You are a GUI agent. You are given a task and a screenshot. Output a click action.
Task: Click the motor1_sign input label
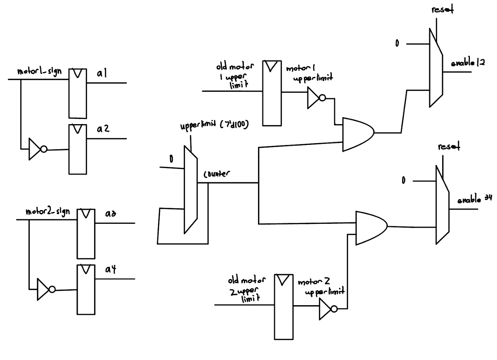pos(39,71)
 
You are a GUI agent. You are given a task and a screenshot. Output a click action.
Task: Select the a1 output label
pos(102,73)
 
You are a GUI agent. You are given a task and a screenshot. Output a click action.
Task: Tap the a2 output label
pos(103,129)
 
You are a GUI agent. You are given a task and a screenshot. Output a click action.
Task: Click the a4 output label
pos(110,269)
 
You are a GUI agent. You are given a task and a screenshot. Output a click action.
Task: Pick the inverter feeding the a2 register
pos(37,149)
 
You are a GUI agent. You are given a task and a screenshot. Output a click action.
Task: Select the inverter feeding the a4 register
pos(45,289)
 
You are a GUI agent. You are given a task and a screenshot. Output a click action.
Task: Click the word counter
pos(217,174)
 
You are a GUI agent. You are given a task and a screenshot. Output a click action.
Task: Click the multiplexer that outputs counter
pos(190,190)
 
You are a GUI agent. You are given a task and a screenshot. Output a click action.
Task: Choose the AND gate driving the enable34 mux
pos(370,228)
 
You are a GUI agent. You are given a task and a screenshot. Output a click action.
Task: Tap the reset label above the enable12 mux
pos(443,10)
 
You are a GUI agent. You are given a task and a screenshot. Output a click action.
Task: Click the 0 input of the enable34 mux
pos(404,180)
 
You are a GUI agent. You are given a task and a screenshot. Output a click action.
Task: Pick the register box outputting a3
pos(86,233)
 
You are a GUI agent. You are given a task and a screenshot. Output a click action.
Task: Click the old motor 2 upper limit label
pos(246,289)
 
